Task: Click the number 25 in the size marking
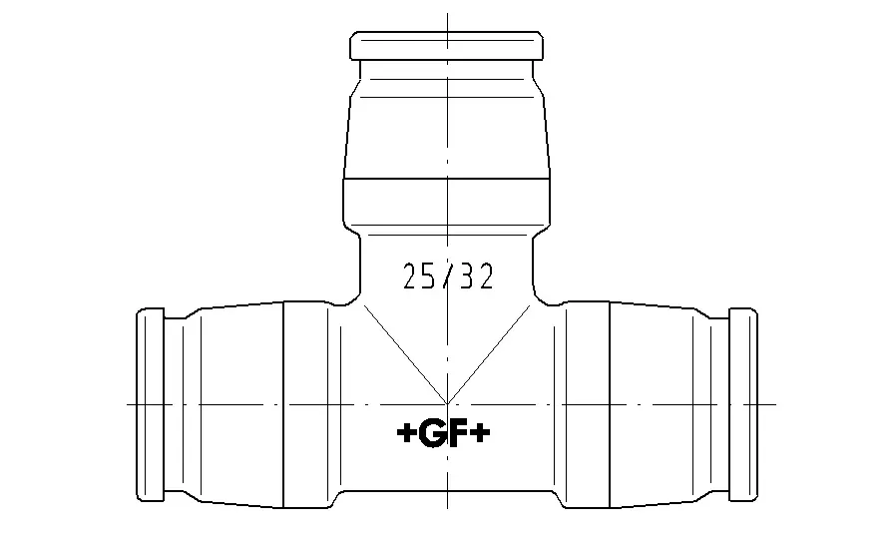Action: (x=417, y=276)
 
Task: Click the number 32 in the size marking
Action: (x=477, y=276)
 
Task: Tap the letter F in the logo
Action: (x=460, y=433)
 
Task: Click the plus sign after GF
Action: (x=481, y=433)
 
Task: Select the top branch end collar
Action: (x=447, y=46)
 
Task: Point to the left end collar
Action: (x=151, y=404)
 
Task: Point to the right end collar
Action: (x=743, y=404)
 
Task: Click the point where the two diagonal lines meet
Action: (x=447, y=403)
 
